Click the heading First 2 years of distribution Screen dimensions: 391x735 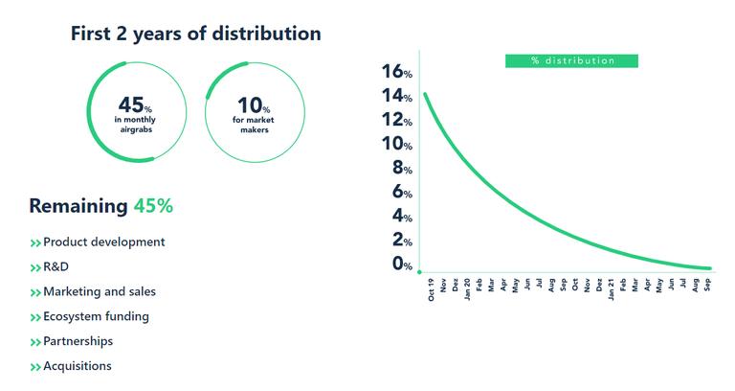(195, 34)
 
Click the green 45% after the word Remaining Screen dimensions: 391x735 (153, 206)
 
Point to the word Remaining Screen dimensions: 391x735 (78, 206)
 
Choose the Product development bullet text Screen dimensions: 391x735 (103, 242)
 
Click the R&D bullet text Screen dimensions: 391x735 (56, 267)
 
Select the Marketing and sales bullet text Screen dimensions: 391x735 (99, 291)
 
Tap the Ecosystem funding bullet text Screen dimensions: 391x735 (96, 316)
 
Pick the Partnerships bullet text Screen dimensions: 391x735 (78, 341)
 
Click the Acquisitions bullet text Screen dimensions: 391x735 (77, 366)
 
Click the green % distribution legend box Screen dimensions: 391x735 (572, 60)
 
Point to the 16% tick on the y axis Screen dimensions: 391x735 (395, 72)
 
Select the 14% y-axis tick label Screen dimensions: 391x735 (395, 96)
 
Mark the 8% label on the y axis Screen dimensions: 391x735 (400, 169)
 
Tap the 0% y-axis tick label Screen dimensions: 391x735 (400, 264)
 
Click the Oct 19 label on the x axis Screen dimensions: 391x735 (431, 289)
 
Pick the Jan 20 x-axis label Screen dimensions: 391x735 (467, 289)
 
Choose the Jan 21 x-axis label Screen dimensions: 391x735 (612, 289)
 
